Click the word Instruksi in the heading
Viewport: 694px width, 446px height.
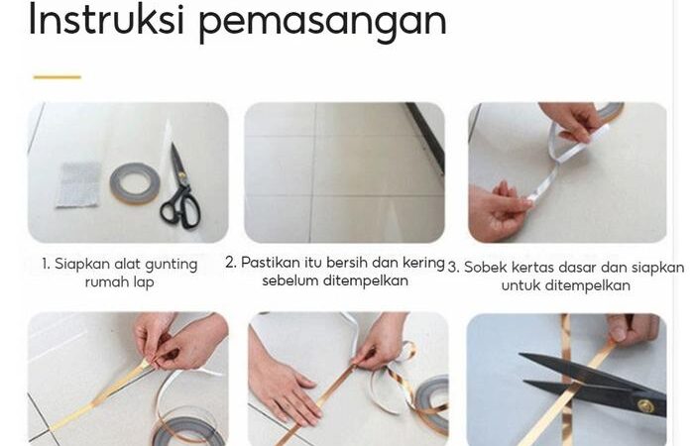pyautogui.click(x=106, y=20)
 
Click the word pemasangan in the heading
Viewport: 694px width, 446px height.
pyautogui.click(x=323, y=23)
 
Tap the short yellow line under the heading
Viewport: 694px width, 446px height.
pyautogui.click(x=58, y=77)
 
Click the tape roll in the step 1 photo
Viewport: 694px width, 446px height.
pyautogui.click(x=135, y=182)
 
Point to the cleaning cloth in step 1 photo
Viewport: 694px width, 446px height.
pyautogui.click(x=78, y=185)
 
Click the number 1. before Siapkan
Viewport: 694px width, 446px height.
pyautogui.click(x=46, y=265)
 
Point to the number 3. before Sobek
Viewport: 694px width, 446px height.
pyautogui.click(x=453, y=268)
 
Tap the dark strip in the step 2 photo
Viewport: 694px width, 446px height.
pyautogui.click(x=425, y=137)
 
